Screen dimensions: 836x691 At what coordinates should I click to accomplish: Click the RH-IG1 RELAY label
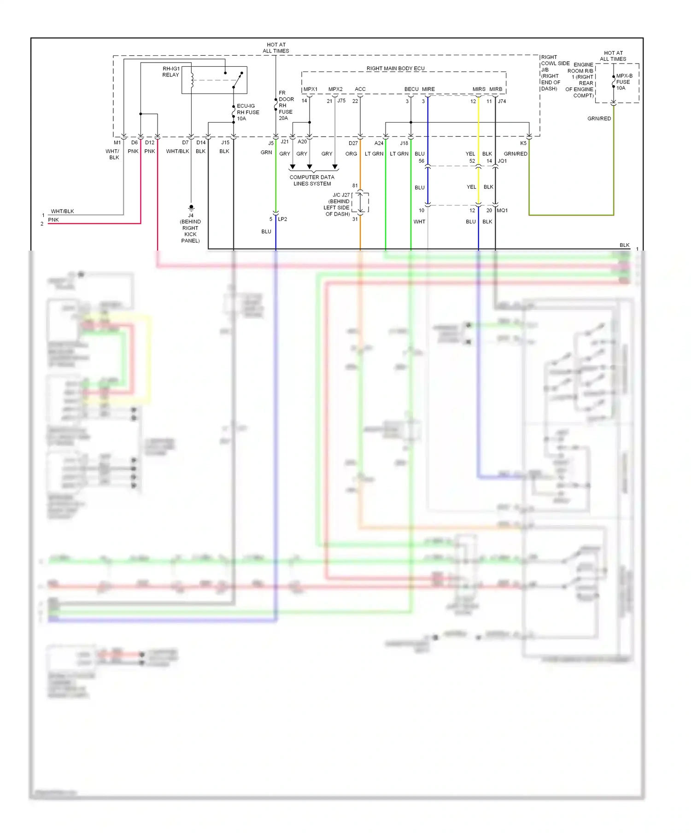coord(170,72)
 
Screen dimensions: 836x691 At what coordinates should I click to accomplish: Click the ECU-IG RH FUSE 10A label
coord(248,112)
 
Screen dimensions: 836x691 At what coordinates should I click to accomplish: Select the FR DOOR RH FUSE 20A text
coord(286,105)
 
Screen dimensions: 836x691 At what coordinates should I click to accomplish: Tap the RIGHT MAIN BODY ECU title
coord(395,69)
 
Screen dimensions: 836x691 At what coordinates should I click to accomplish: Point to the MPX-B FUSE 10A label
coord(624,82)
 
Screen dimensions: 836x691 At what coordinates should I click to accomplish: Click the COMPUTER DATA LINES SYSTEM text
coord(312,181)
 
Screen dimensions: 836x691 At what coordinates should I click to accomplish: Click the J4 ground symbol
coord(191,208)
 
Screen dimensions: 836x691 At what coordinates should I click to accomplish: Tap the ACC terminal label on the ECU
coord(360,89)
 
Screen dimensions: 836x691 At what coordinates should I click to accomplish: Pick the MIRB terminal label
coord(496,89)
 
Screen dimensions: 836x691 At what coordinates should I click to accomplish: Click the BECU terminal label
coord(411,89)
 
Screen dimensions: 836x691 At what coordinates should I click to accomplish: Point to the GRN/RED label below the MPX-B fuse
coord(599,119)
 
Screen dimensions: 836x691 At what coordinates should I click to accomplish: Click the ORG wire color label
coord(351,154)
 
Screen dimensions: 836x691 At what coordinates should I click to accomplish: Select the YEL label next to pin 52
coord(470,154)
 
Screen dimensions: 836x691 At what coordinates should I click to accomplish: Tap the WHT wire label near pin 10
coord(419,222)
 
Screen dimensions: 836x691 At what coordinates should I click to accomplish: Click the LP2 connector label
coord(282,219)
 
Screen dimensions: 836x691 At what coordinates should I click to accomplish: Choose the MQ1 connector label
coord(502,210)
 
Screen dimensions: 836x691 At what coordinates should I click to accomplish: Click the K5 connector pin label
coord(523,143)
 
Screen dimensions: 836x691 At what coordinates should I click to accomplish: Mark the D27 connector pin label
coord(353,143)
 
